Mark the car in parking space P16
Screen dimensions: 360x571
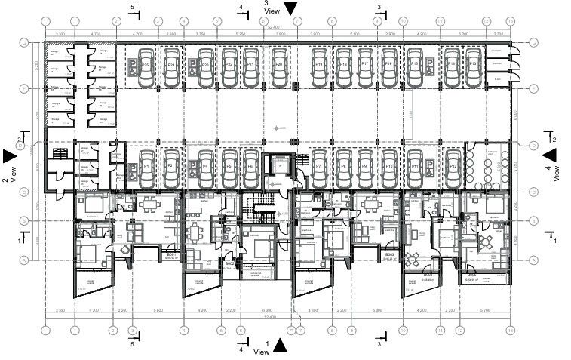pyautogui.click(x=389, y=67)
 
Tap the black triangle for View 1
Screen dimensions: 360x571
pyautogui.click(x=281, y=346)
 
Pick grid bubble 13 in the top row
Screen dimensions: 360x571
pyautogui.click(x=511, y=22)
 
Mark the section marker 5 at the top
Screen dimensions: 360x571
pyautogui.click(x=133, y=7)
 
